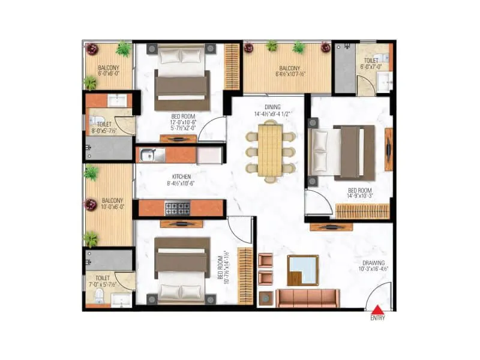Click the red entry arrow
click(377, 310)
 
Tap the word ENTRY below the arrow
click(377, 318)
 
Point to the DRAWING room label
click(373, 263)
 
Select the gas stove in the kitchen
click(177, 208)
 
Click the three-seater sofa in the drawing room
click(308, 298)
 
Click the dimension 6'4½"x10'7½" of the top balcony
click(290, 75)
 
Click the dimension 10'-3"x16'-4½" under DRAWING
click(372, 270)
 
